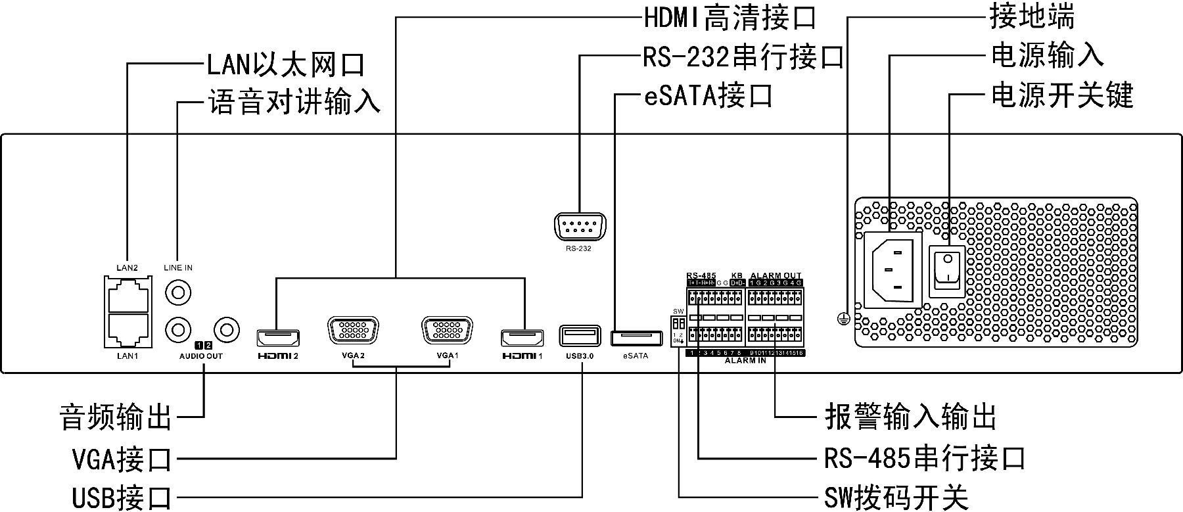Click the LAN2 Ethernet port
tap(129, 294)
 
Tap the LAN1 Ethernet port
tap(129, 329)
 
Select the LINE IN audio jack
tap(178, 291)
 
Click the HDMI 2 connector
tap(277, 337)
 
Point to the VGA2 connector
tap(353, 330)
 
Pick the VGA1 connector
tap(448, 330)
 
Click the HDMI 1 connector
tap(522, 338)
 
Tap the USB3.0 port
tap(580, 336)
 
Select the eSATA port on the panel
tap(636, 338)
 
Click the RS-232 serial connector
tap(579, 228)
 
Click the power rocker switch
tap(946, 271)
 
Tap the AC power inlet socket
tap(891, 269)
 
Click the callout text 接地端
tap(1032, 16)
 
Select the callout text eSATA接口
tap(707, 96)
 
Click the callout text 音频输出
tap(116, 417)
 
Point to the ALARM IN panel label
tap(745, 361)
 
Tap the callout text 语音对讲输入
tap(294, 103)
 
